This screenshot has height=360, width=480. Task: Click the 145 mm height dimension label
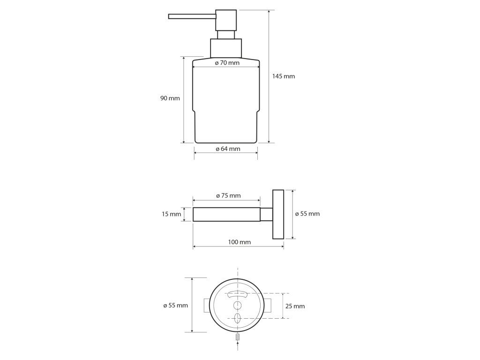[284, 76]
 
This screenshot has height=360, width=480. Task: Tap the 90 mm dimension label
[170, 98]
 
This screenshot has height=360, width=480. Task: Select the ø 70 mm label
[227, 63]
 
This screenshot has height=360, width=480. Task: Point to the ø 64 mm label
[228, 149]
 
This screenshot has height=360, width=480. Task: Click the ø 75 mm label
[228, 195]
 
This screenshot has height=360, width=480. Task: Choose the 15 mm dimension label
[172, 214]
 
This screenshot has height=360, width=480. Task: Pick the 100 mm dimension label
[240, 242]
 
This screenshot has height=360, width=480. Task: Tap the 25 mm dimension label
[295, 306]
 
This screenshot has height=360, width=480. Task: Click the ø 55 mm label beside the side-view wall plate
[307, 214]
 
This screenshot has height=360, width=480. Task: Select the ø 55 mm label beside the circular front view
[176, 305]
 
